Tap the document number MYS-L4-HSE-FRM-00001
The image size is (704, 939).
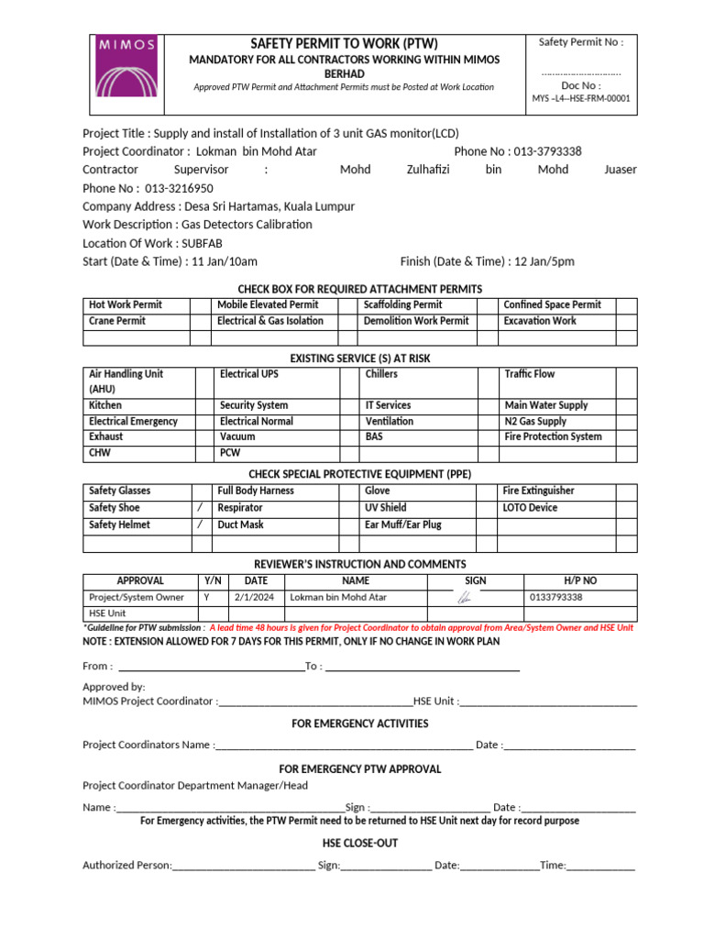(581, 99)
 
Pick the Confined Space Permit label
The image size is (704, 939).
(552, 304)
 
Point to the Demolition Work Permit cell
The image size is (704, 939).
(416, 321)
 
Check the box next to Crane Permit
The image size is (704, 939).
(201, 321)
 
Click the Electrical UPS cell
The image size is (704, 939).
(249, 374)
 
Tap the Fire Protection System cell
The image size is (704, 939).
(553, 436)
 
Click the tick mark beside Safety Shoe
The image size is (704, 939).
(201, 507)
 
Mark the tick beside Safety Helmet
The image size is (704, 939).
(201, 525)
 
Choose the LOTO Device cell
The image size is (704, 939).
(530, 507)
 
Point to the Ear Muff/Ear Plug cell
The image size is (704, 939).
(403, 525)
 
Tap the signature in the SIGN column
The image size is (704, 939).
(465, 597)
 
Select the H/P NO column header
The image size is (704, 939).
(579, 580)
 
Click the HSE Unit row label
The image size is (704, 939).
(107, 613)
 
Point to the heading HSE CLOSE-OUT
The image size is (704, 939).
(359, 843)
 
